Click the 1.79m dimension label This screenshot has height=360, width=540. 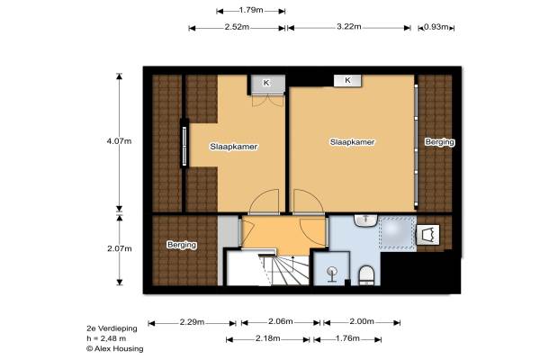[x=251, y=10]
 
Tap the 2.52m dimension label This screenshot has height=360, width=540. [x=237, y=27]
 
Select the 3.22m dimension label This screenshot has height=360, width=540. [x=349, y=26]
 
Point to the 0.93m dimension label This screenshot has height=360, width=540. [x=436, y=26]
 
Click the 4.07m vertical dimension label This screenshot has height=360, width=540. [x=119, y=141]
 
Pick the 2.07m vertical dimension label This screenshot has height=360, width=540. [x=119, y=248]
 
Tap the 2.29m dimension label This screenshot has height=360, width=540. [x=192, y=322]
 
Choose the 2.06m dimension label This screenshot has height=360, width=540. [x=280, y=321]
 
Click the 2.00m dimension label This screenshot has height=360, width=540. [x=362, y=321]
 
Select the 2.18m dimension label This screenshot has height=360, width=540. [x=267, y=338]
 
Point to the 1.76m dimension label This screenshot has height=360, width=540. [x=347, y=338]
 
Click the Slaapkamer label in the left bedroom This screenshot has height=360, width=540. [x=234, y=147]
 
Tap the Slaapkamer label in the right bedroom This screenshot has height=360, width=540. [x=352, y=142]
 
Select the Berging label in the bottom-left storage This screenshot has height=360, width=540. [x=182, y=245]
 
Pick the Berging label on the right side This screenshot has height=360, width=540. [x=439, y=142]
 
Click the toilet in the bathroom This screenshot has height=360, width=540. [x=366, y=275]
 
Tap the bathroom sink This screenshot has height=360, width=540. [x=366, y=220]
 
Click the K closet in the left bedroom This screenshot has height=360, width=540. [x=267, y=84]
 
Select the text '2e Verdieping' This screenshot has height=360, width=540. [x=112, y=328]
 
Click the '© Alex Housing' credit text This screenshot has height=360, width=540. [x=114, y=348]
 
